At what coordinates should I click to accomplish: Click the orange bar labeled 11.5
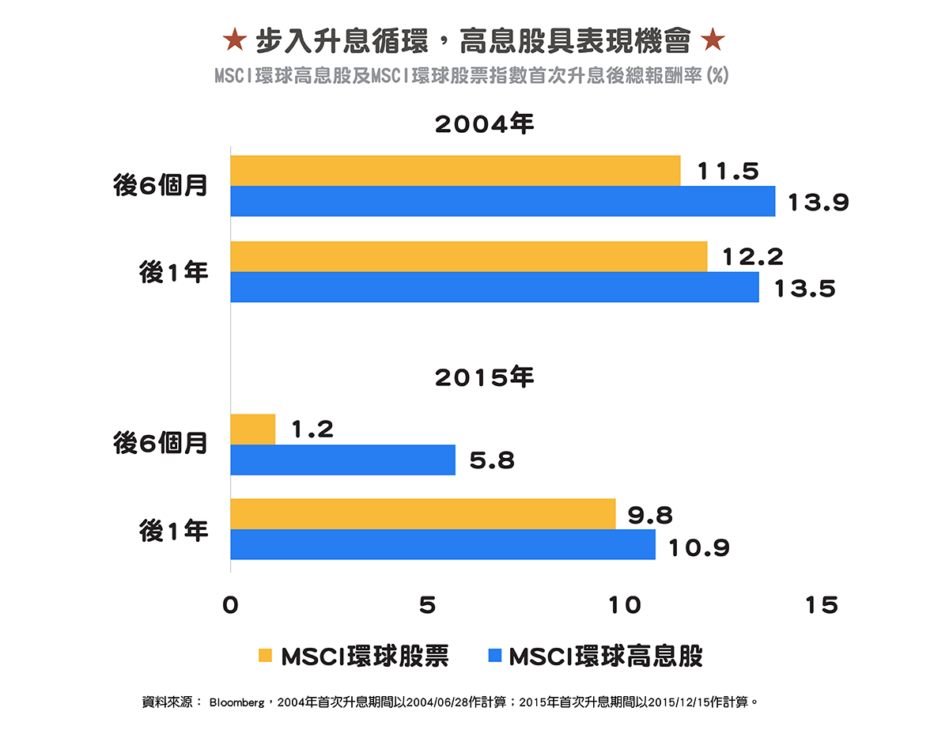point(455,171)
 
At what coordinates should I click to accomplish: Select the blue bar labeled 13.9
point(502,201)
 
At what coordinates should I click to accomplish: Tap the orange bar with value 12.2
point(468,256)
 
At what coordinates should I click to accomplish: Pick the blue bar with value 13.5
point(494,286)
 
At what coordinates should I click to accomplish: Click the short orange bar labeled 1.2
point(252,429)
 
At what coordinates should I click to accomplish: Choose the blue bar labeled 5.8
point(342,460)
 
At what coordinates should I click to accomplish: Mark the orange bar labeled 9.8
point(422,514)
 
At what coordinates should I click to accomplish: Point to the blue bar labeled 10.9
point(443,544)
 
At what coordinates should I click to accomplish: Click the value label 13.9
point(818,203)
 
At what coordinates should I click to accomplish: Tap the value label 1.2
point(312,430)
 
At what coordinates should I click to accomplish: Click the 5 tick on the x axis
point(427,606)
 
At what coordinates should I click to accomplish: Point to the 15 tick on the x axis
point(821,606)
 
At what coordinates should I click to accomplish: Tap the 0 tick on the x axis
point(230,606)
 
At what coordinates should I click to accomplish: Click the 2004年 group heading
point(485,124)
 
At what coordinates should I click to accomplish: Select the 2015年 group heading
point(485,377)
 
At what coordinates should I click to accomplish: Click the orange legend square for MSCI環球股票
point(265,656)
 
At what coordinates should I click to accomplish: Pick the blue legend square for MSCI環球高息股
point(495,656)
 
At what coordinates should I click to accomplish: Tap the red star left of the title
point(233,38)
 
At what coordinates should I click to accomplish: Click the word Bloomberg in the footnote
point(236,702)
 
